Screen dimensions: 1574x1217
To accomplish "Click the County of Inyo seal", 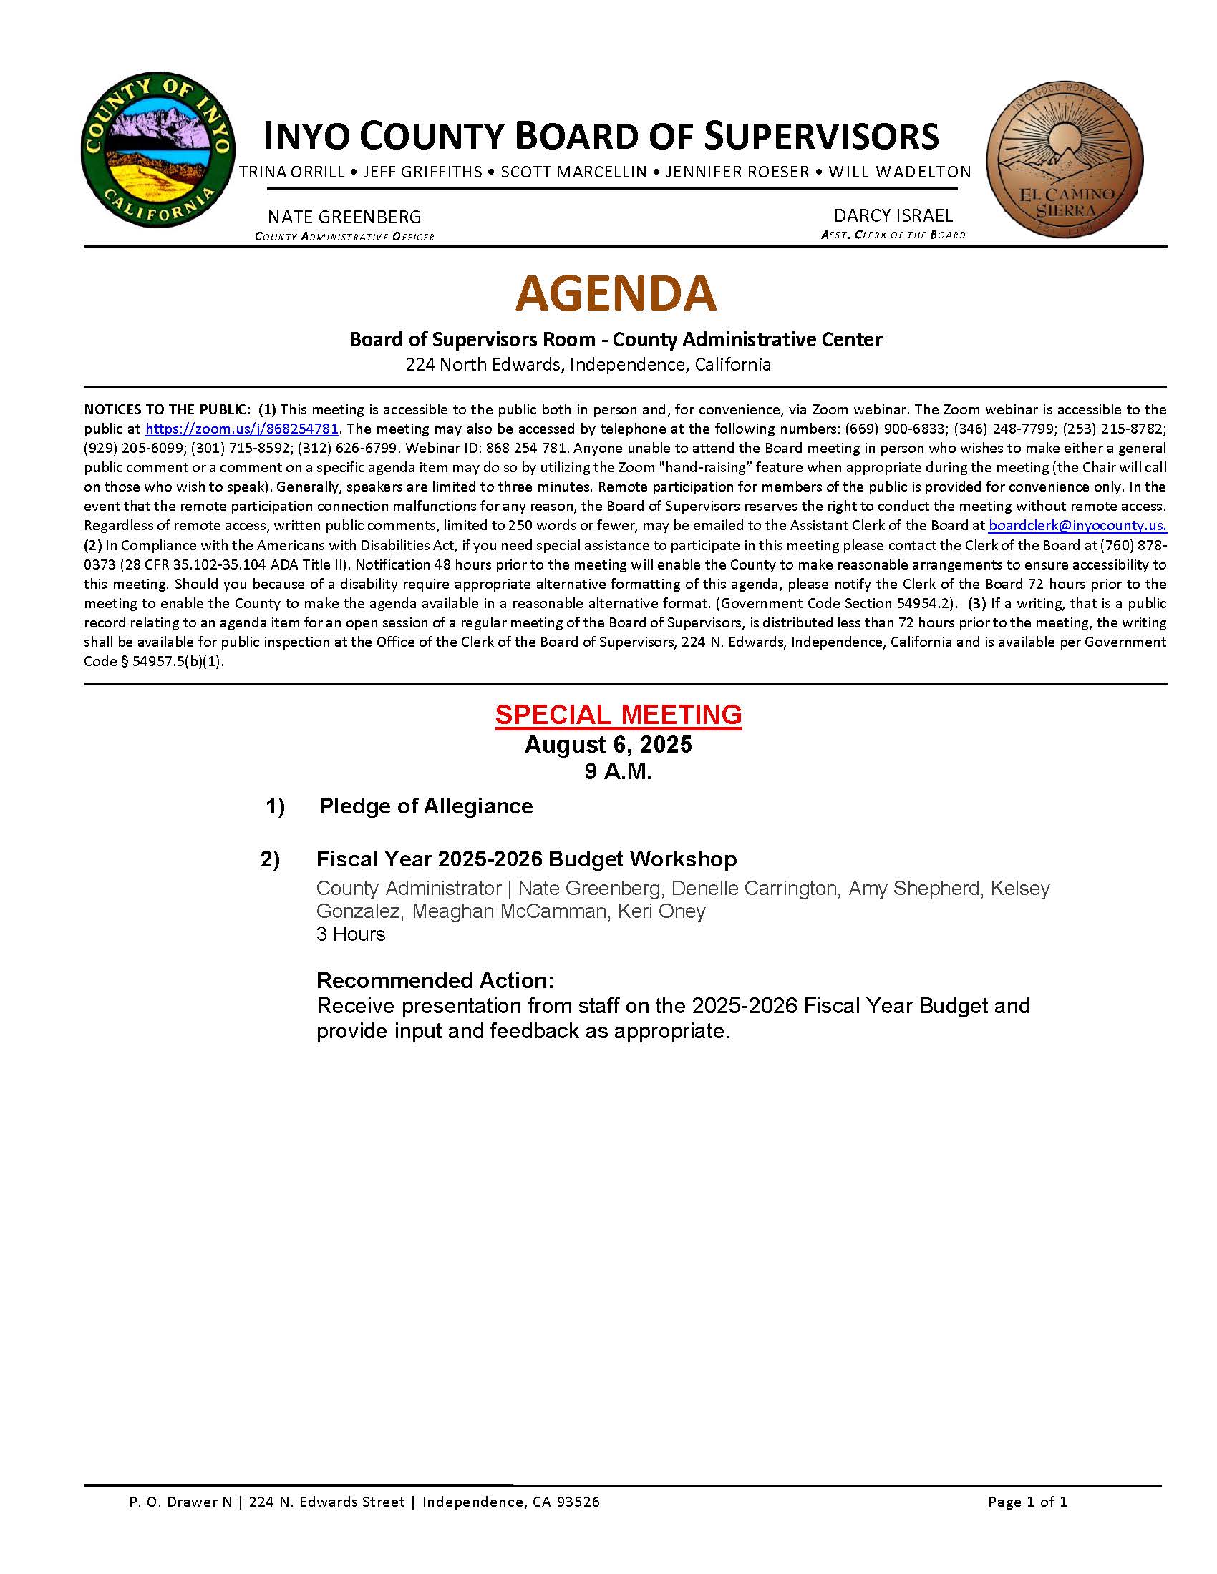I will coord(158,150).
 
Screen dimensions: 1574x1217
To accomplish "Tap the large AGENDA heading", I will coord(616,293).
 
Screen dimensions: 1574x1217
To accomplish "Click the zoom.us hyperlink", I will coord(241,429).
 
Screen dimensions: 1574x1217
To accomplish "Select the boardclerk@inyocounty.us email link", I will coord(1077,525).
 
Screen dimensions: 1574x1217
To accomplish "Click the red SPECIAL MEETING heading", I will coord(618,714).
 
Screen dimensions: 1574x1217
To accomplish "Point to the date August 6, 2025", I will coord(608,745).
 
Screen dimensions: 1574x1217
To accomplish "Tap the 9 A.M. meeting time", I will coord(618,772).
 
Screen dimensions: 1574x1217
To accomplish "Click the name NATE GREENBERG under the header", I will coord(344,217).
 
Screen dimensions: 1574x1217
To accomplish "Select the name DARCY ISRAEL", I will coord(893,215).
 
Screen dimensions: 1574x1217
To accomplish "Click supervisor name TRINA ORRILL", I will coord(292,172).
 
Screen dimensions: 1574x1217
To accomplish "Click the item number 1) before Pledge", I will coord(276,806).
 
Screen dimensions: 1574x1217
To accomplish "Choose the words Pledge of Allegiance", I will coord(425,806).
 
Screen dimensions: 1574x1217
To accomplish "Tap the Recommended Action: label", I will coord(435,980).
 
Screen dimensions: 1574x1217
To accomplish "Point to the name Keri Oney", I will coord(661,911).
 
